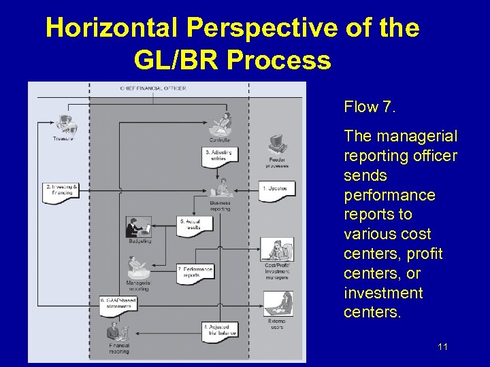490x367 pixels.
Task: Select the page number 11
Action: click(x=442, y=347)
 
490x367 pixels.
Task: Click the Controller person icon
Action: click(x=221, y=124)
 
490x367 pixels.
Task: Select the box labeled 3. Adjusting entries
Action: click(x=219, y=156)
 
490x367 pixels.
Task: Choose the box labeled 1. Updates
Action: click(x=277, y=190)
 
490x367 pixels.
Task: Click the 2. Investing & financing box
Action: click(x=60, y=190)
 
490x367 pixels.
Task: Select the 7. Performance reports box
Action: click(x=195, y=272)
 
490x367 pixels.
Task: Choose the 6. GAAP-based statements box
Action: click(x=119, y=303)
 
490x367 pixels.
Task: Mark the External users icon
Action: click(x=278, y=304)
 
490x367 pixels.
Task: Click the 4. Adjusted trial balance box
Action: click(x=220, y=330)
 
